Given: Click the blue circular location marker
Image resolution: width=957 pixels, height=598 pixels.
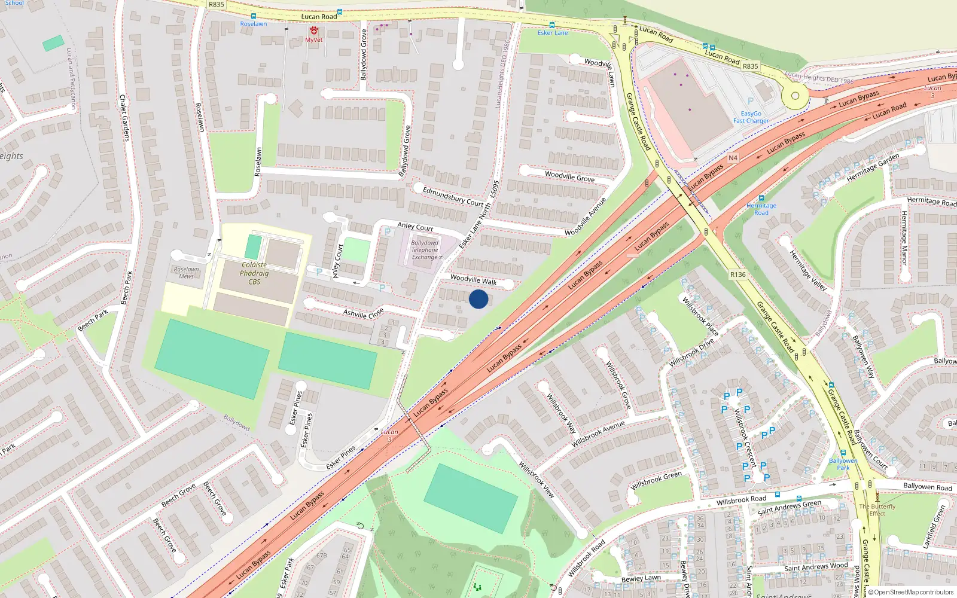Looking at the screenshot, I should point(478,299).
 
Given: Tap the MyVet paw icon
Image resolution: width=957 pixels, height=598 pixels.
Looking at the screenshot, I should point(314,30).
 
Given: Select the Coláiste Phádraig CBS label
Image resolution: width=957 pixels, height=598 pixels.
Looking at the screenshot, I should point(254,273).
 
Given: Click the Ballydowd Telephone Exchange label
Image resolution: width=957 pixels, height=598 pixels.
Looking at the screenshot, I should point(425,250).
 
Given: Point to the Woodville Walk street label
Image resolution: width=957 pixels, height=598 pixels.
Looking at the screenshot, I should point(473,280).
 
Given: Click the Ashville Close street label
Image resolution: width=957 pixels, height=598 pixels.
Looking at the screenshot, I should point(363,313).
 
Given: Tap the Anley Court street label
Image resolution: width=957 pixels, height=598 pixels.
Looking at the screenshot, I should point(415,227).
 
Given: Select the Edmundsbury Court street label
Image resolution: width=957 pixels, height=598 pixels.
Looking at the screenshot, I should point(453,197).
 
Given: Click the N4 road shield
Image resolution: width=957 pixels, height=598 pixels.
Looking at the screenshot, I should point(733,158).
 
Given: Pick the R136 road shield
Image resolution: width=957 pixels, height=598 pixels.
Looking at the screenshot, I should point(738,274).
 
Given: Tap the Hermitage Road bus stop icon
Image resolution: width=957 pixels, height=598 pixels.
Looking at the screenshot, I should point(761,198).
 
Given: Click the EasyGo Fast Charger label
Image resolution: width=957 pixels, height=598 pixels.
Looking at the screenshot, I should point(751,117).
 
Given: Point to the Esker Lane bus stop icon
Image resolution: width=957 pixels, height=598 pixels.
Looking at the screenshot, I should point(551,25).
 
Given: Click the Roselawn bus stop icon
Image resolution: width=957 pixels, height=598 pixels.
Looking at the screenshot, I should point(254,17).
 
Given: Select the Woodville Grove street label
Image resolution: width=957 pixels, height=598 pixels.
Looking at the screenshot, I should point(569,176).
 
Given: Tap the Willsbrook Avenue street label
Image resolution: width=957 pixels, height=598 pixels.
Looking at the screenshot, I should point(598,434).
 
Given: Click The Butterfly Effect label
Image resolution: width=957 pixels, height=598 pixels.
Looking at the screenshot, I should point(877,509).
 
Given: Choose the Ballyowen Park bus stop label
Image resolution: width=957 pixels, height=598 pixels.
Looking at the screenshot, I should point(843,464).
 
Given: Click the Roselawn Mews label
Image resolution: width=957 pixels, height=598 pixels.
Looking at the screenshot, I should point(186,273).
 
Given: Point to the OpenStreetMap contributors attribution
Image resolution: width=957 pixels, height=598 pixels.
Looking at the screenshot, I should point(910,593).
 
